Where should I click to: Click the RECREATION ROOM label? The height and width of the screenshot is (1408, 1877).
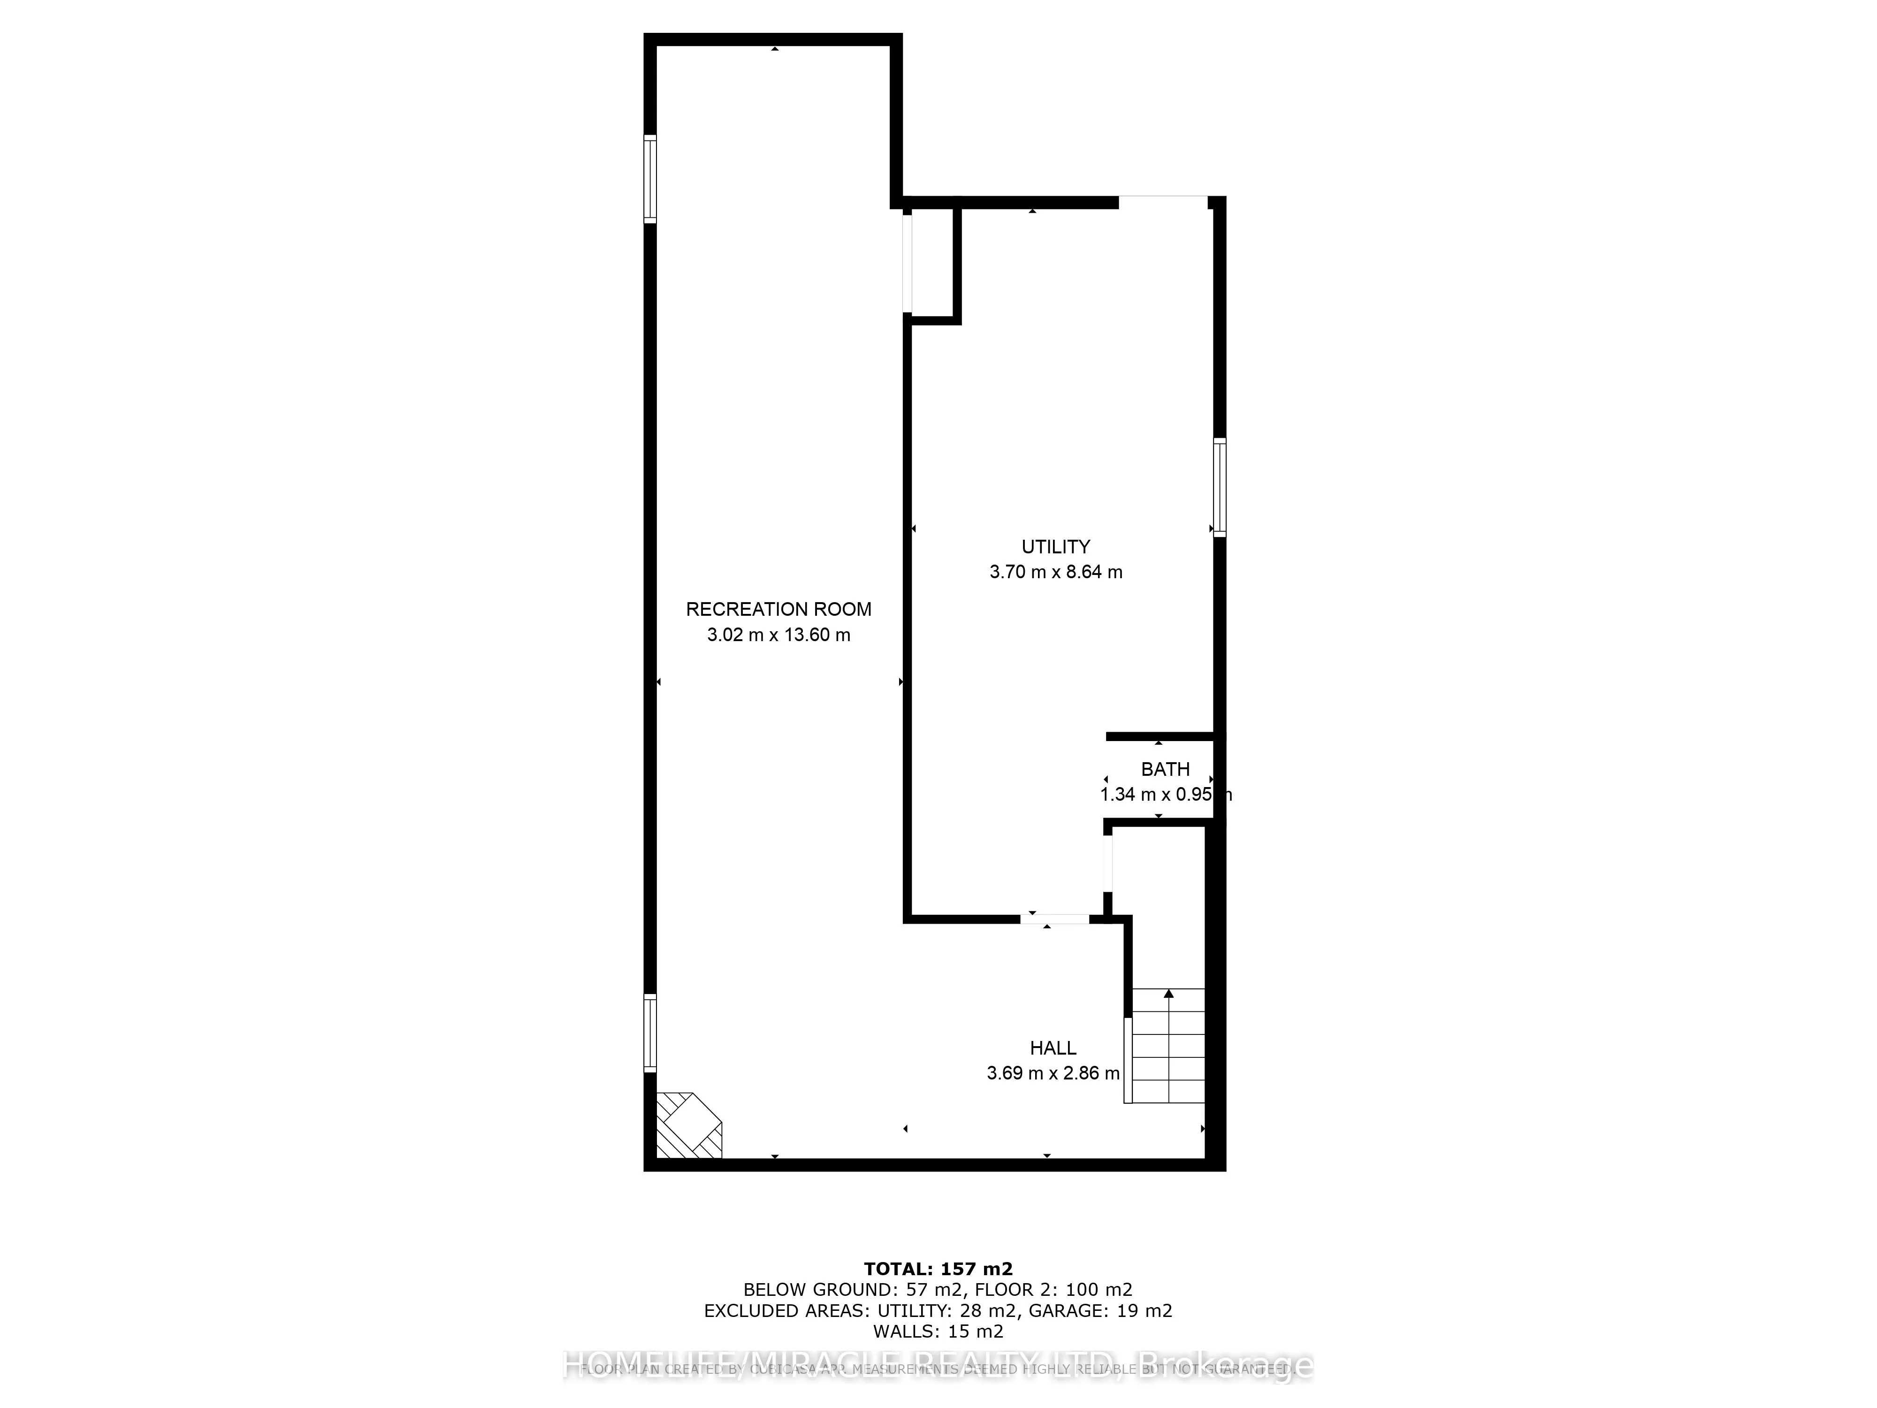(x=778, y=609)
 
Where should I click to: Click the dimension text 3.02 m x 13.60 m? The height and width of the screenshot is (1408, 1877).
(x=778, y=635)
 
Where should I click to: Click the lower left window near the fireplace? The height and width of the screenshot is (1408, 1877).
(x=650, y=1032)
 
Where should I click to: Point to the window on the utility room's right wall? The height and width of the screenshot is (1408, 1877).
(x=1220, y=487)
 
